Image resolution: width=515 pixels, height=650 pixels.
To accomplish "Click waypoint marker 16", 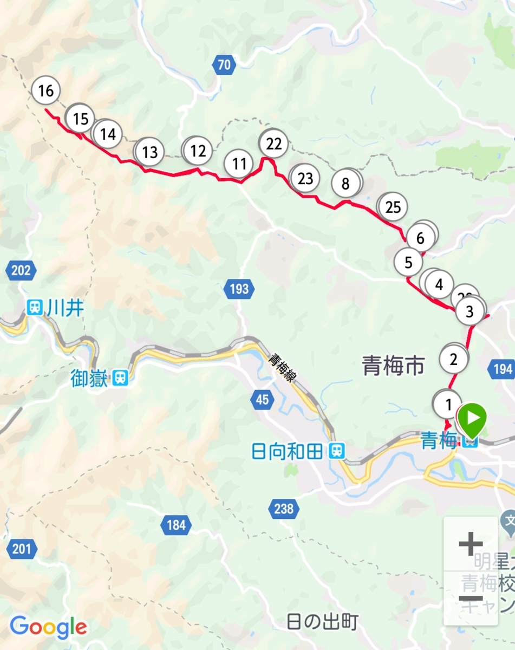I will coord(46,91).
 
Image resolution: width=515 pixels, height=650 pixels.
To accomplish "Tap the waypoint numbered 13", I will coord(149,152).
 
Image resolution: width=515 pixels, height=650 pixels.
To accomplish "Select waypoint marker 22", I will coord(274,144).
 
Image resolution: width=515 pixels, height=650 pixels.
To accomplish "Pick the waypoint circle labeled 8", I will coord(346,184).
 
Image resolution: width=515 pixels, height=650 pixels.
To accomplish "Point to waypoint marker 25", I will coord(393,207).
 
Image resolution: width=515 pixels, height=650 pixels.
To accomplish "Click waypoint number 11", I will coord(239,164).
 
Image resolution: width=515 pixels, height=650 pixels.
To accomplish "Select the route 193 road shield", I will coord(239,289).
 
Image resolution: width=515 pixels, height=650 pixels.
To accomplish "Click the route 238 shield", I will coord(284,509).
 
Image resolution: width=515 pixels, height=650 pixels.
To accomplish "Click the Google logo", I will coord(49,627).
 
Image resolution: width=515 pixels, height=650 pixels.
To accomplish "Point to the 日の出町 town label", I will coord(322,622).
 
